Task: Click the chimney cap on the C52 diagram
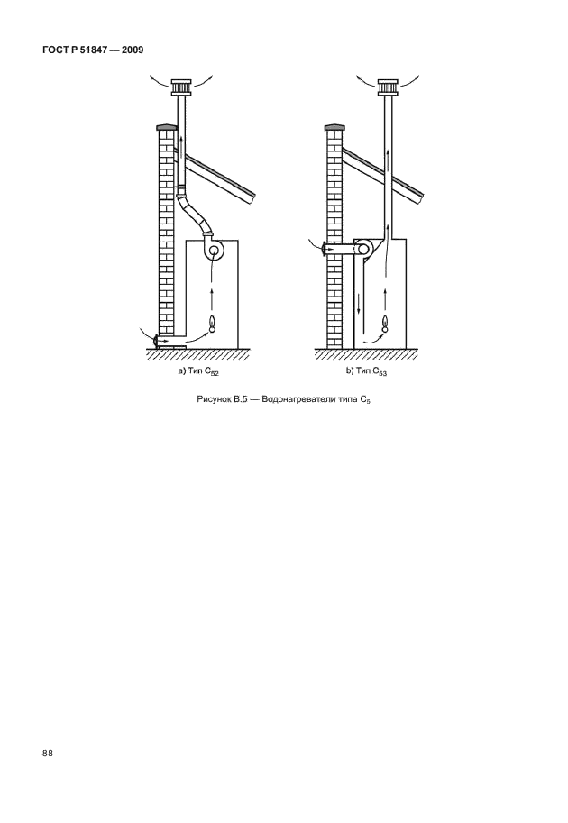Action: pos(181,87)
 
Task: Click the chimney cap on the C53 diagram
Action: pos(389,87)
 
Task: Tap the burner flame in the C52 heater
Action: pos(212,324)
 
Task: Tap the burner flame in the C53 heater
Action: pos(386,324)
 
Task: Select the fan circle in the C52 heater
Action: pos(214,251)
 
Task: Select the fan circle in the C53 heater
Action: pos(364,250)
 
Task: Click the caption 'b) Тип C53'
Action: pos(367,370)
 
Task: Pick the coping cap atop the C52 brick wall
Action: pos(164,127)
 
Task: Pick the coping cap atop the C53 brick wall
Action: pos(332,127)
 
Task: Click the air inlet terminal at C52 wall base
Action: pos(156,342)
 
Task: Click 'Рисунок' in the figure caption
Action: pos(215,399)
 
